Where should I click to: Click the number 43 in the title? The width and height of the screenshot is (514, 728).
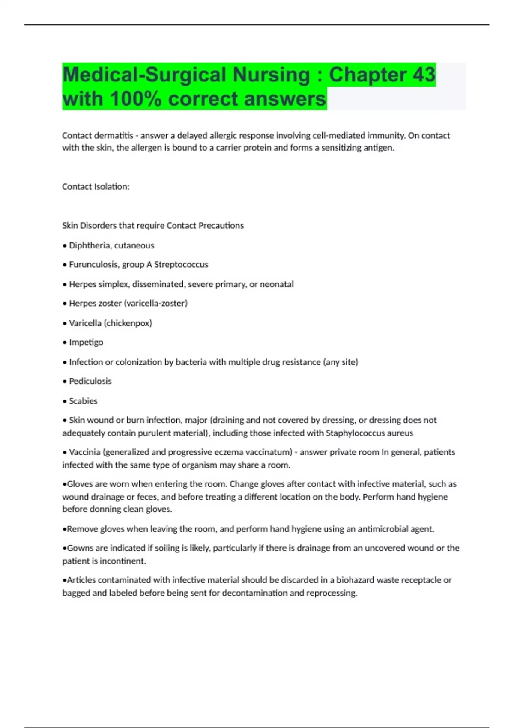424,75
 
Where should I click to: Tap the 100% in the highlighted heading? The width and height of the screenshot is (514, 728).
136,99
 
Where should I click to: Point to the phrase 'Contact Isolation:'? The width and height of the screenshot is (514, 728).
96,187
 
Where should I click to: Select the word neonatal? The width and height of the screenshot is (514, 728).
276,284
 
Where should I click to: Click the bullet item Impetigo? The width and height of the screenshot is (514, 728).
86,342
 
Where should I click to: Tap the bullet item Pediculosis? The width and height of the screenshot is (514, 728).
90,381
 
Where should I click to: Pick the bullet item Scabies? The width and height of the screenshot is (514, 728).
83,401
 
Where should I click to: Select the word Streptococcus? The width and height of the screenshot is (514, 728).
181,265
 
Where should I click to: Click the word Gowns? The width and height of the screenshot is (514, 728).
80,548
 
